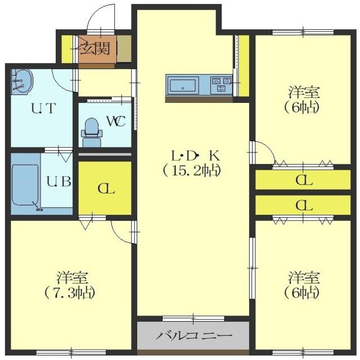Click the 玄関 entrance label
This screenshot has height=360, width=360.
[96, 47]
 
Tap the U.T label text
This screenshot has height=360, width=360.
[43, 109]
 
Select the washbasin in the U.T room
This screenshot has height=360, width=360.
[22, 82]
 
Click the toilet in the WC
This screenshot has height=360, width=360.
[91, 129]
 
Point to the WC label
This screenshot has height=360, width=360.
[115, 120]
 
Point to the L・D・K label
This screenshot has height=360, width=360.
[191, 154]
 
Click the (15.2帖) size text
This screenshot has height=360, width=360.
[191, 169]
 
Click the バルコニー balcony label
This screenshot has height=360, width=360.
[193, 336]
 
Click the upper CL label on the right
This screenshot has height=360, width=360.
[304, 181]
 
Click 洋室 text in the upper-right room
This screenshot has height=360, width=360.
[305, 92]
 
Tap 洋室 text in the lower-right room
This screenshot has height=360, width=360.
[305, 277]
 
